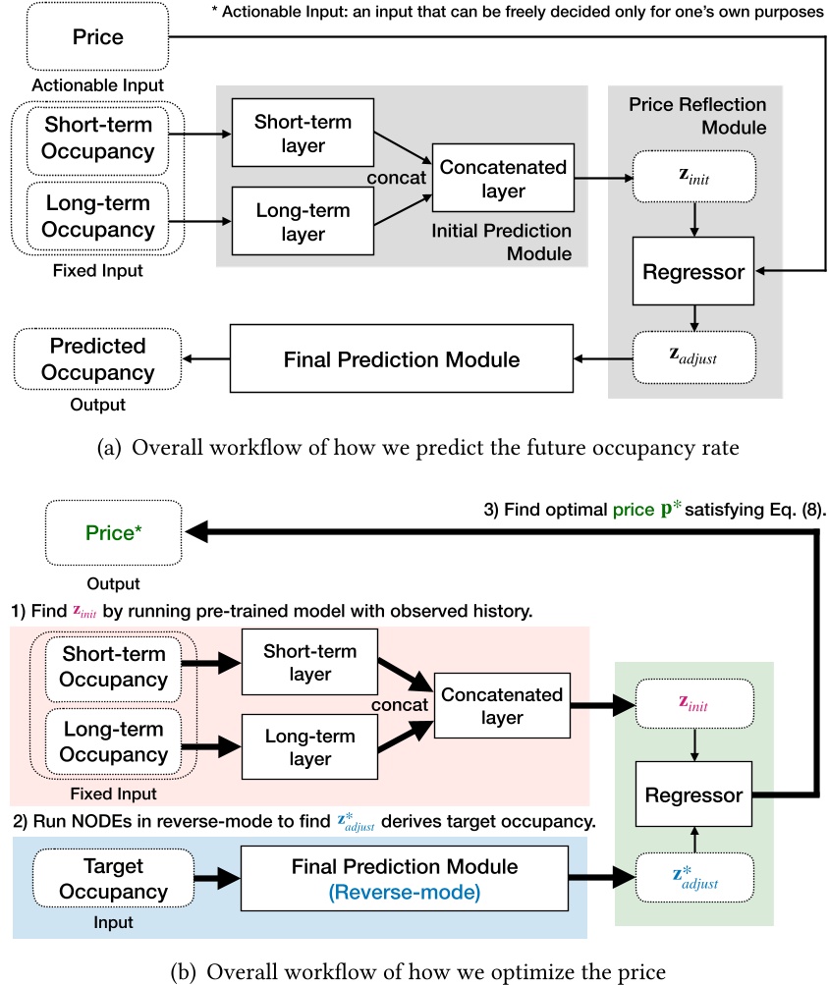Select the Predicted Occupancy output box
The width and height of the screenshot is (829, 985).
point(97,359)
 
